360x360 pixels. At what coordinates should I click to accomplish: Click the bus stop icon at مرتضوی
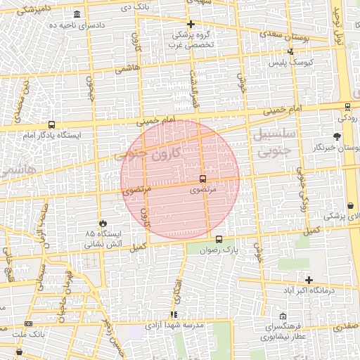(202, 179)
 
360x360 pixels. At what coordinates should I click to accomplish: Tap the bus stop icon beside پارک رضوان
(219, 239)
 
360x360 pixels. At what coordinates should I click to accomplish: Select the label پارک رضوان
(219, 250)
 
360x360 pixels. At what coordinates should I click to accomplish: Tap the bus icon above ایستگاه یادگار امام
(52, 124)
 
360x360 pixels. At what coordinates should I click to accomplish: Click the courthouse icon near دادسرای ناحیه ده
(76, 15)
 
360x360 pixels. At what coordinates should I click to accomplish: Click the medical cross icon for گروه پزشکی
(191, 24)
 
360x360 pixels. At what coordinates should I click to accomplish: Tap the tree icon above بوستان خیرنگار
(337, 136)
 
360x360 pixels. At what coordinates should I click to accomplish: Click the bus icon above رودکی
(347, 108)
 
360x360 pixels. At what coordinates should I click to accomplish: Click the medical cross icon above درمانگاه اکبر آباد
(308, 280)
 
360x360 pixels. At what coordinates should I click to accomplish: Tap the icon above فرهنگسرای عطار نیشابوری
(283, 316)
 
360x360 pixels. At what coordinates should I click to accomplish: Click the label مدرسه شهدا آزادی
(174, 326)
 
